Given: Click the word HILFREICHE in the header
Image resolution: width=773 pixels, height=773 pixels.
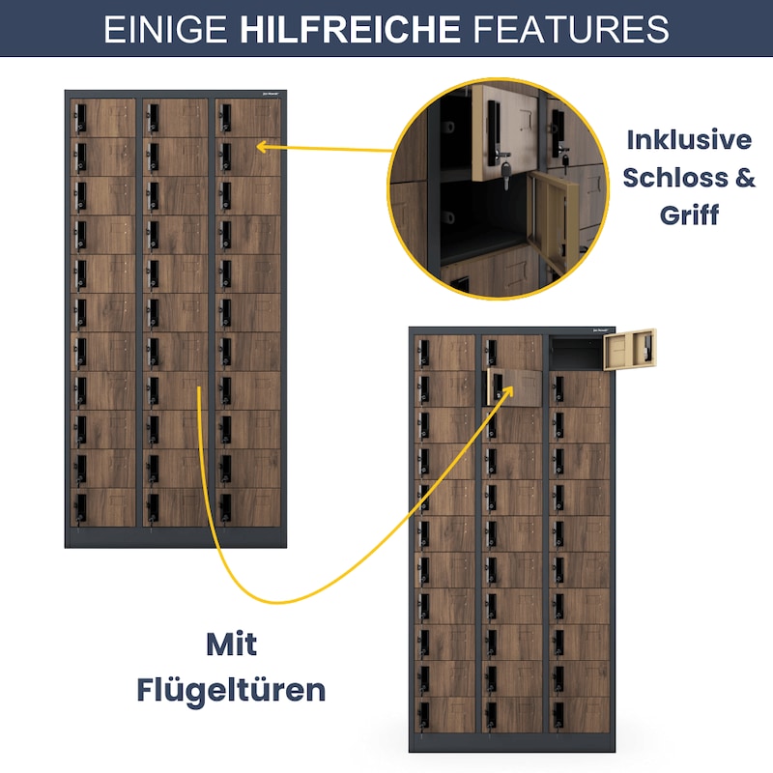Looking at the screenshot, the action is (350, 29).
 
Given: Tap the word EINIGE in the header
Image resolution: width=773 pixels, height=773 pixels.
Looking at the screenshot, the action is (165, 29).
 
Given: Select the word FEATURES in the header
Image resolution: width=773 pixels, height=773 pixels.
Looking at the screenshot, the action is (571, 29).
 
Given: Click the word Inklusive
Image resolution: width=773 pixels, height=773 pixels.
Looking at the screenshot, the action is (689, 140).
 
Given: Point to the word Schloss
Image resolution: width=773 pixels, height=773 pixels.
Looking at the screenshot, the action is (675, 178).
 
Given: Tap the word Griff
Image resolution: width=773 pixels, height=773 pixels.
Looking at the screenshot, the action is (689, 215).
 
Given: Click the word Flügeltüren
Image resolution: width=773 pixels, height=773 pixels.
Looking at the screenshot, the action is (231, 690).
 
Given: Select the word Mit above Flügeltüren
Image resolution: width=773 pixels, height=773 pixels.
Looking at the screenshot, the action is (231, 644).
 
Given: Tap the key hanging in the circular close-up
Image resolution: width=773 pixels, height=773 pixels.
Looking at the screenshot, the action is (505, 175).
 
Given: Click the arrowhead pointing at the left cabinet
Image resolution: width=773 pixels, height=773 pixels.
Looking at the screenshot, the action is (262, 146).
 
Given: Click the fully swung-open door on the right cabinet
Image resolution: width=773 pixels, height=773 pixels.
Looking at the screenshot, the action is (630, 349).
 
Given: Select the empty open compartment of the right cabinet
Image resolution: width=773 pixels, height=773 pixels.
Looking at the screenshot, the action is (576, 353).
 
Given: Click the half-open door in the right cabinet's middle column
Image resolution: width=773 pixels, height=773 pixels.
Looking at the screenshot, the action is (514, 387).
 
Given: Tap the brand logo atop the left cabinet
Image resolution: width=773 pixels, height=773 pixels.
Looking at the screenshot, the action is (271, 94).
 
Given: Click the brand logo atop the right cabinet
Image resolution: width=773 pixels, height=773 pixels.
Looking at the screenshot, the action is (601, 330).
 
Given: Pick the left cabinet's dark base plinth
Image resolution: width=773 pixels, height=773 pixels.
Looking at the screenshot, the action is (176, 537).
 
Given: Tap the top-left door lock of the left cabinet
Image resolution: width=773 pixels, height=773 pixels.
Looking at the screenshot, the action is (80, 119).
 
